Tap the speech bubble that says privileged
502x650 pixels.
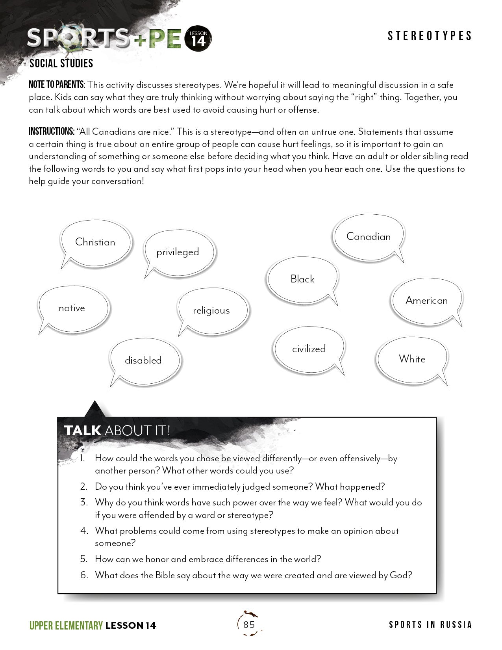(178, 252)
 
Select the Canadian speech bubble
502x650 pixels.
(369, 236)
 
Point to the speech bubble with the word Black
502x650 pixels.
(302, 279)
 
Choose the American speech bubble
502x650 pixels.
(427, 300)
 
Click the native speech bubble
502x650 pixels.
(72, 308)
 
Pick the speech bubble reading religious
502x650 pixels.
(212, 310)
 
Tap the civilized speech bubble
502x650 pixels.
(309, 349)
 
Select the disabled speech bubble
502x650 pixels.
(144, 360)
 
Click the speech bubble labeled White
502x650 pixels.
(412, 359)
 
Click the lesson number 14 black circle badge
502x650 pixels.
(198, 39)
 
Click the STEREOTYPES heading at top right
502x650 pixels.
(430, 36)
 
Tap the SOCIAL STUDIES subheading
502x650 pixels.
(61, 63)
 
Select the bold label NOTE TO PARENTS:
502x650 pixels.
(57, 85)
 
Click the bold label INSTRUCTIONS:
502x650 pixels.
(52, 132)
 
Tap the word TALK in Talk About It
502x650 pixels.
(83, 431)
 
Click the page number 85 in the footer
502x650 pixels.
(249, 624)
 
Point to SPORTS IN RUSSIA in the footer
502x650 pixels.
(430, 625)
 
